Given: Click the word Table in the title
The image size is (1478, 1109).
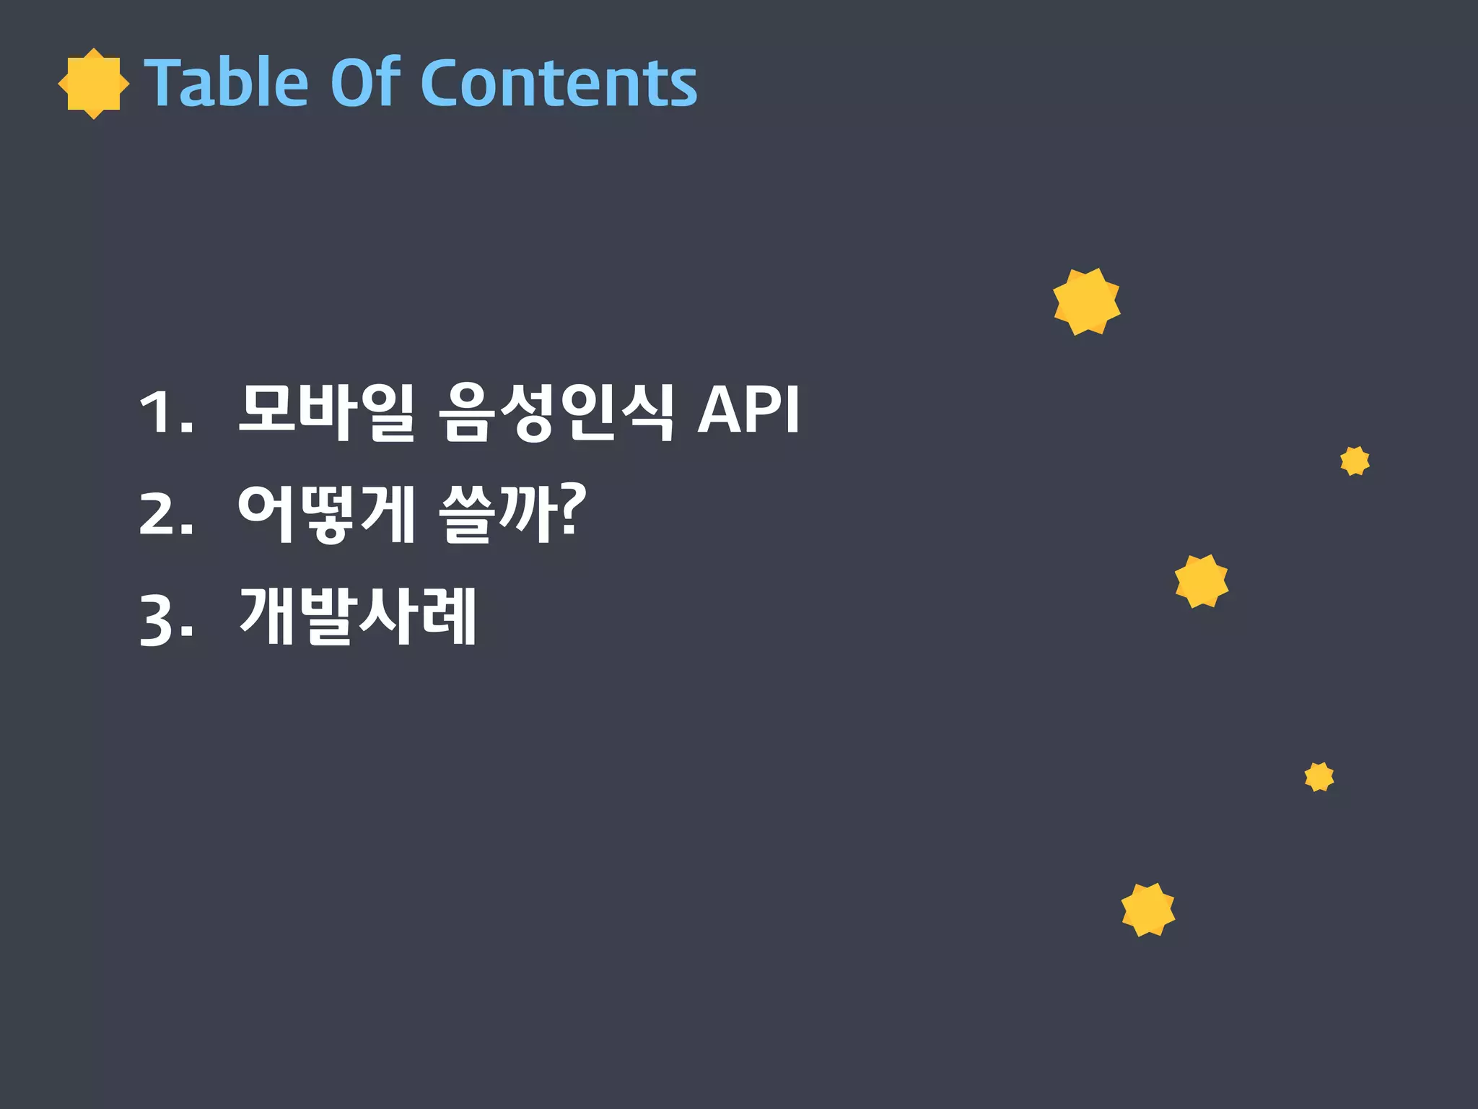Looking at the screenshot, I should (x=227, y=83).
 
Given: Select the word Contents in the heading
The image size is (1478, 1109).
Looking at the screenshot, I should (x=559, y=83).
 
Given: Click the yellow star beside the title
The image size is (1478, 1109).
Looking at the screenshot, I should (x=94, y=84).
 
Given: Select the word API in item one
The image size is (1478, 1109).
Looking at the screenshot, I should (x=748, y=410).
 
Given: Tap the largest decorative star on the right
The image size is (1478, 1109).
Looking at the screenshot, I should (x=1086, y=302).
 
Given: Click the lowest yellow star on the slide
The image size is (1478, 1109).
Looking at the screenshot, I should (x=1148, y=910).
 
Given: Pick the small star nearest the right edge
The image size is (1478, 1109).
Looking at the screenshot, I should (x=1355, y=461).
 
